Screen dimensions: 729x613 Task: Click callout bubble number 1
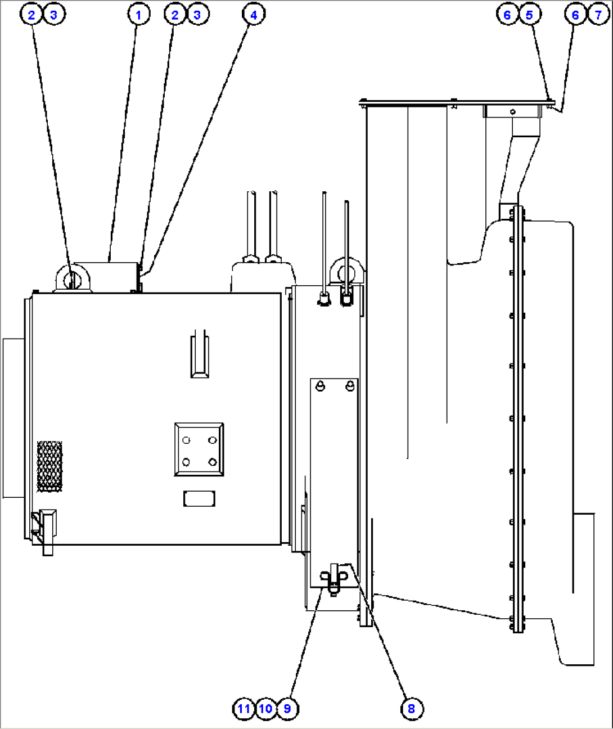pos(139,14)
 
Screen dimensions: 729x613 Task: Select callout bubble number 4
pos(254,14)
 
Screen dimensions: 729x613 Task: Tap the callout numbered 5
pos(529,14)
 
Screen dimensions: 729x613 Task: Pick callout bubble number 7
pos(598,14)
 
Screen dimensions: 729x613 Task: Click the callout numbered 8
pos(411,709)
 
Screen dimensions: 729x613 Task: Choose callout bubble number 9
pos(287,709)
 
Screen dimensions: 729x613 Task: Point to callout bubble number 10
pos(265,709)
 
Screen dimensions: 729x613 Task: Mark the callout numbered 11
pos(244,709)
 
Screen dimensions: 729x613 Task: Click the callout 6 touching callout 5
pos(507,14)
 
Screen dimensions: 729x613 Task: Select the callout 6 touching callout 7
pos(575,14)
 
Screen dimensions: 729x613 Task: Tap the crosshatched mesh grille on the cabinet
pos(49,466)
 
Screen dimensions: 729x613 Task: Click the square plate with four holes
pos(199,449)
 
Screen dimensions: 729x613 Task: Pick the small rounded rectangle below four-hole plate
pos(199,498)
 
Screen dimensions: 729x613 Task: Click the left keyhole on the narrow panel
pos(321,386)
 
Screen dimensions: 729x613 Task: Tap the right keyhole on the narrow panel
pos(350,386)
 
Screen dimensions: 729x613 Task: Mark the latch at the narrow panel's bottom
pos(333,579)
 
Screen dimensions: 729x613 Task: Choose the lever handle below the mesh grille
pos(46,529)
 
